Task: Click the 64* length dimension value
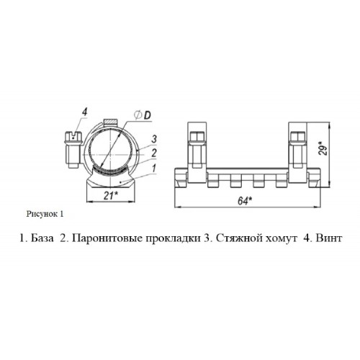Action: tap(245, 201)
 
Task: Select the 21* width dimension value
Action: tap(111, 196)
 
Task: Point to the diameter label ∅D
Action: tap(143, 116)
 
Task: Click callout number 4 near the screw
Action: tap(84, 112)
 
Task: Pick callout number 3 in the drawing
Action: tap(154, 139)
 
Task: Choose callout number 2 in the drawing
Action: tap(154, 153)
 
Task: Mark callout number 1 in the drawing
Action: tap(153, 168)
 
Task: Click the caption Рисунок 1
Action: tap(45, 214)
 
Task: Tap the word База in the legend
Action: tap(42, 238)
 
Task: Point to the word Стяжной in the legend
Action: tap(238, 238)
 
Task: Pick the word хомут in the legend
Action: tap(280, 239)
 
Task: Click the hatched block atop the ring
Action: tap(110, 122)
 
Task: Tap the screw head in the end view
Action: tap(73, 137)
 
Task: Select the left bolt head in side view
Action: tap(197, 137)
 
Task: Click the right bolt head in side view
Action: tap(297, 137)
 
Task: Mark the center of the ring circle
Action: tap(111, 153)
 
